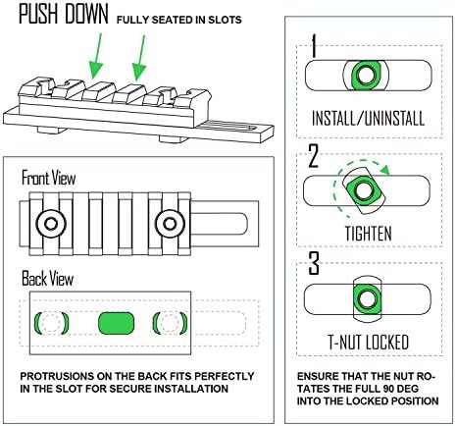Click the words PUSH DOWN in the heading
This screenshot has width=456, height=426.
point(64,14)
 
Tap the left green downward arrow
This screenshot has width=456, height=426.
point(96,56)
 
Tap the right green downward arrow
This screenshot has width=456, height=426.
point(139,58)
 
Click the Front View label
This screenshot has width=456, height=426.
point(48,179)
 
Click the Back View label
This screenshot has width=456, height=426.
point(47,279)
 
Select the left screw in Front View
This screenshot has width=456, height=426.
point(51,224)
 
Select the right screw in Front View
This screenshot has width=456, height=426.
point(170,224)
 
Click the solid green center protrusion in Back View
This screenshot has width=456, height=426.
point(117,323)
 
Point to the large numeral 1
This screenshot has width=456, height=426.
point(314,45)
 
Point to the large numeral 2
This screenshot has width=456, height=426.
point(313,156)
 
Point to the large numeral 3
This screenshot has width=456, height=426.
point(314,263)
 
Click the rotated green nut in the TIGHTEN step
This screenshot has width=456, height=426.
point(364,190)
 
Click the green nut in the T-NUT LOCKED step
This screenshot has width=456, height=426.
point(367,299)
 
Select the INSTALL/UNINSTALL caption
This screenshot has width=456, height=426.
point(369,119)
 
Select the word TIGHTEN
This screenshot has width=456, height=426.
point(369,234)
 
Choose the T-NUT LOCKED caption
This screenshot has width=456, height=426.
point(369,343)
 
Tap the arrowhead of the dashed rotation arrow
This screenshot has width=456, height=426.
point(386,169)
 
